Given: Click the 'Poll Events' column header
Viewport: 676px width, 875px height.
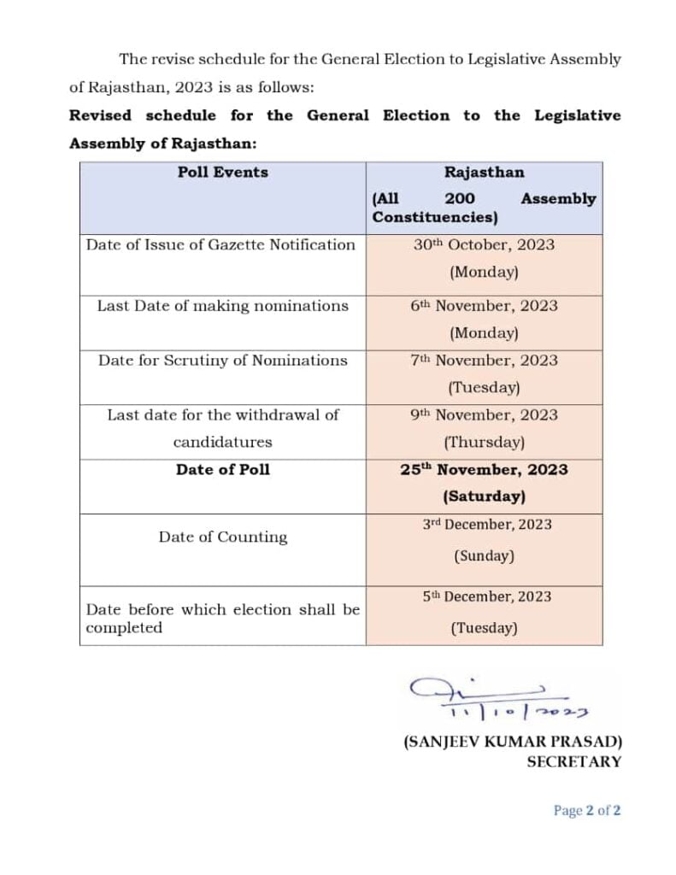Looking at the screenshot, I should tap(222, 172).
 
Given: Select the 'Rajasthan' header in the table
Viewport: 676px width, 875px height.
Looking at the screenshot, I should tap(484, 172).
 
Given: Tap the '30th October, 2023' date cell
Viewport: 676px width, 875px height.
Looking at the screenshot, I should tap(484, 244).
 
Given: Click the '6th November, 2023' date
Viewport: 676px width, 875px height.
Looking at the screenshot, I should tap(484, 306).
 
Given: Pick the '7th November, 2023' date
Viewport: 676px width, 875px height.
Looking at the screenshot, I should tap(484, 361).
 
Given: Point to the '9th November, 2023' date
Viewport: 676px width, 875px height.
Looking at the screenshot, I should tap(484, 415).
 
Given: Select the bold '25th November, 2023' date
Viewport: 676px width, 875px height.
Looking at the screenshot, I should tap(484, 470).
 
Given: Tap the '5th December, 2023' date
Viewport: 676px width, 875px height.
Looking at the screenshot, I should tap(486, 596).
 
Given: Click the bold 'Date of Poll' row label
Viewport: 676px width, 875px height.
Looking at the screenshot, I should tap(222, 470).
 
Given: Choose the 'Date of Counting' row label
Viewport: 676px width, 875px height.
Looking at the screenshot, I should tap(222, 537).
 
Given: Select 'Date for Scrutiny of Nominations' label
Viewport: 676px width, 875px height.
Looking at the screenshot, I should tap(222, 361).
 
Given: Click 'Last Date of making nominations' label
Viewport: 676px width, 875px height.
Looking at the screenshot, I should tap(222, 306).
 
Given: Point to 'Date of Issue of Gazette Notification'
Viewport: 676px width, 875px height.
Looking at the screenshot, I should tap(220, 244).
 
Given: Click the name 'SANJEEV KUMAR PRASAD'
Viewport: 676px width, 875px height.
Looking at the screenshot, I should tap(512, 743).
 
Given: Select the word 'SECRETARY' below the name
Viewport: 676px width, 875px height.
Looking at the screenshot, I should tap(573, 761).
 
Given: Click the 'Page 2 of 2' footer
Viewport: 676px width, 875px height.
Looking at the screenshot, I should tap(586, 811).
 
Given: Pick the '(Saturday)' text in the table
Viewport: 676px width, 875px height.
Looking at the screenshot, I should tap(484, 496).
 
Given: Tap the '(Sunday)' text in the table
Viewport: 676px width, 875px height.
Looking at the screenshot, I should tap(484, 555).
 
